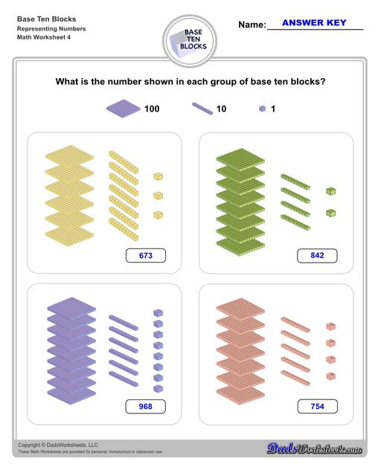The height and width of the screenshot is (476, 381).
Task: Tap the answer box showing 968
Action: tap(145, 407)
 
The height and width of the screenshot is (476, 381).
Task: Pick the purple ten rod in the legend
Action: tap(202, 109)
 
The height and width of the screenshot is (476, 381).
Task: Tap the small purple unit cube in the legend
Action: tap(261, 109)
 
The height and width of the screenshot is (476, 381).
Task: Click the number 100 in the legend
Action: tap(152, 109)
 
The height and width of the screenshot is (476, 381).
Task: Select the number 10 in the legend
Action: tap(221, 109)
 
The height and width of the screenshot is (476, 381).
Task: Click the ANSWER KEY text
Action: tap(315, 23)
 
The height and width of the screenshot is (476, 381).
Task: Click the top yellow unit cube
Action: tap(159, 176)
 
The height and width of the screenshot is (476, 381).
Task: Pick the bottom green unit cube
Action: tap(330, 212)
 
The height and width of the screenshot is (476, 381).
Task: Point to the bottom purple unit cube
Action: tap(158, 387)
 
